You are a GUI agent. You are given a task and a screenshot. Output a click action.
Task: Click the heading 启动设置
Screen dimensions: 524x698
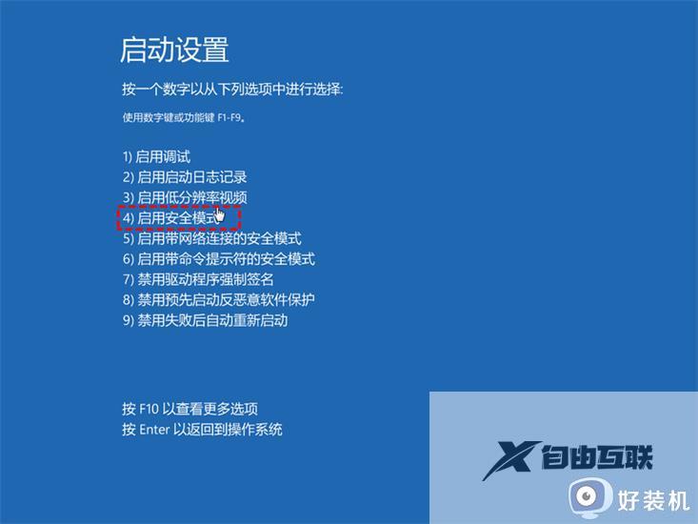click(x=174, y=50)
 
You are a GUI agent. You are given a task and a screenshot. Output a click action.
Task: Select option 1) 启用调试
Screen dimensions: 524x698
click(x=156, y=157)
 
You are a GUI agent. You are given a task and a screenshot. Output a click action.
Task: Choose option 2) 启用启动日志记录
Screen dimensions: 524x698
click(x=184, y=177)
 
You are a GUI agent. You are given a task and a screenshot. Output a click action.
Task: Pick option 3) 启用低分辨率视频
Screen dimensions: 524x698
click(x=184, y=197)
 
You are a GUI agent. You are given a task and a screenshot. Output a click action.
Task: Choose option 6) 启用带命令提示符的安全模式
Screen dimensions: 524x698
click(x=218, y=259)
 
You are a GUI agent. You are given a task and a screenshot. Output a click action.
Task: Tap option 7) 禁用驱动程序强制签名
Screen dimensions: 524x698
click(x=197, y=279)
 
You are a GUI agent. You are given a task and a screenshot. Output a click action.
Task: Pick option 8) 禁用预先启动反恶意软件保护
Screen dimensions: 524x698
click(x=218, y=299)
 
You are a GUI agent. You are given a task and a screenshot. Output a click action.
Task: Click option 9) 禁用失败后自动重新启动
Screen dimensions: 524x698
click(x=205, y=320)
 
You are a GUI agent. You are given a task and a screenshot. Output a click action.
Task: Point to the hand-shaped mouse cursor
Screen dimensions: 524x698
click(x=220, y=215)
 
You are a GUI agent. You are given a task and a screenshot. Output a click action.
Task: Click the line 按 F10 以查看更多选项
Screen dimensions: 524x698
click(x=189, y=409)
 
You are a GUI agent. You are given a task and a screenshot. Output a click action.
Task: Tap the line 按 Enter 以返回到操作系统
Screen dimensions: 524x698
click(x=202, y=430)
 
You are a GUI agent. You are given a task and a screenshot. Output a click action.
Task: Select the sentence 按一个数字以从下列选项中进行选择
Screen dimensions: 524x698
click(x=232, y=90)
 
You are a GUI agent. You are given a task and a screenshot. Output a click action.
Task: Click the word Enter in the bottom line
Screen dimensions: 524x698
click(x=154, y=430)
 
